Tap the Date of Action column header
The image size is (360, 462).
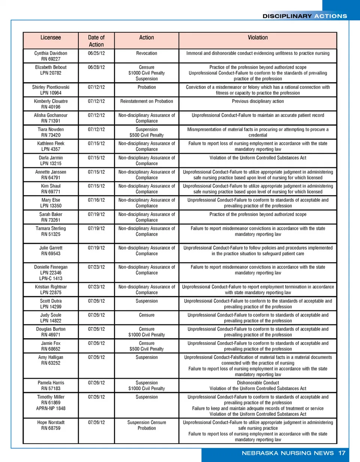click(96, 41)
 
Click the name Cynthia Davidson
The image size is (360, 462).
click(51, 53)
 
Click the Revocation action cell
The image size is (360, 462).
click(146, 53)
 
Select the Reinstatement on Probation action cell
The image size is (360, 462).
click(146, 101)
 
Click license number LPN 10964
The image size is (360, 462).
click(51, 93)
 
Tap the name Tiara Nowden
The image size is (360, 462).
click(51, 130)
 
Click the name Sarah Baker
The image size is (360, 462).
click(51, 214)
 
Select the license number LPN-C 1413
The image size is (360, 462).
click(51, 279)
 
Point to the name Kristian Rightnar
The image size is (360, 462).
click(51, 287)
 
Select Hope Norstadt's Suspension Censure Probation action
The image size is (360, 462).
click(146, 425)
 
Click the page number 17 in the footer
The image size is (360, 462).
click(342, 453)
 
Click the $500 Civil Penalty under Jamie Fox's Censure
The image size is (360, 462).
click(146, 349)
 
